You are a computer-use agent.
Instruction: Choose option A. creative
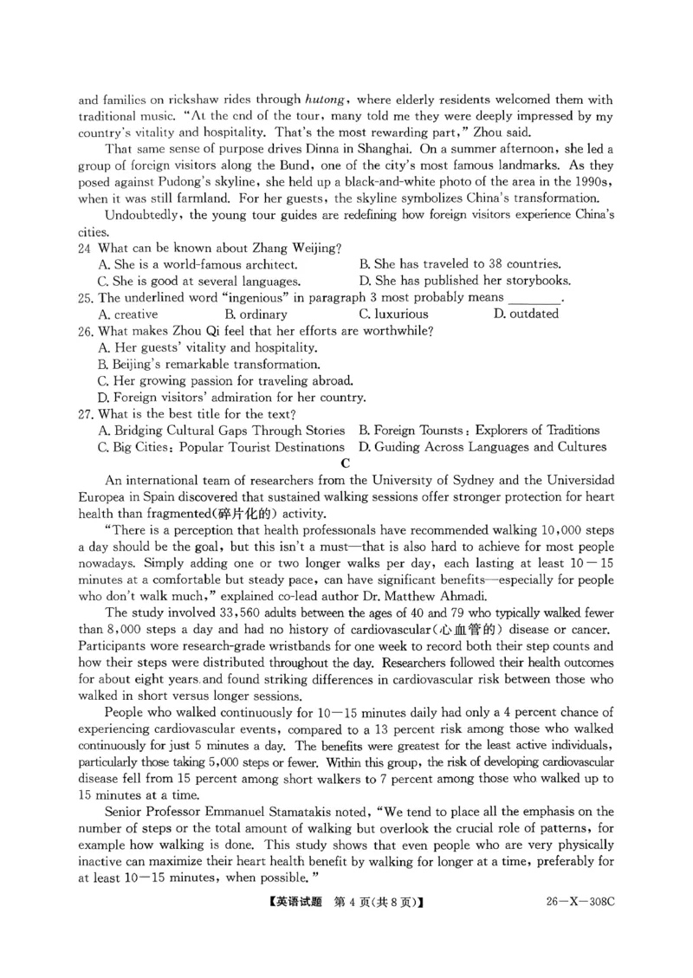tap(129, 314)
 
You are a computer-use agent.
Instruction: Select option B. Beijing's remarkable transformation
tap(210, 364)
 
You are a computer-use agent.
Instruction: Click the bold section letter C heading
tap(346, 463)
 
